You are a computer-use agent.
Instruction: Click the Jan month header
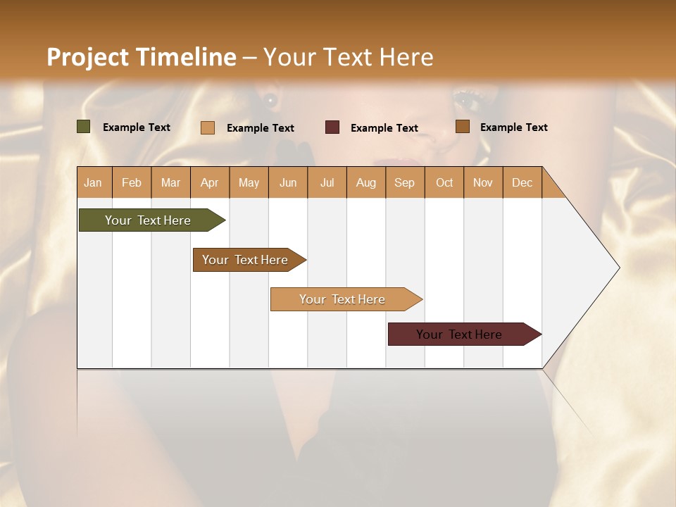93,182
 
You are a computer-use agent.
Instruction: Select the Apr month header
210,182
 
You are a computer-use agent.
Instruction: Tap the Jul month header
327,182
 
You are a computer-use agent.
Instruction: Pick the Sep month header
404,182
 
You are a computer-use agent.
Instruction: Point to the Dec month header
522,182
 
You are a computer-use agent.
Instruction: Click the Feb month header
132,182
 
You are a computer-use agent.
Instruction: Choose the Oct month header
444,182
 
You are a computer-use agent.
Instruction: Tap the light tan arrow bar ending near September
343,299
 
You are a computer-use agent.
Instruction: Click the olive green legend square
84,127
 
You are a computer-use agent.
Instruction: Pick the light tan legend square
208,127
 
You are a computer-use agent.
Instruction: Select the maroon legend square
332,127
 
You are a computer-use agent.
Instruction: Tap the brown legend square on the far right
463,127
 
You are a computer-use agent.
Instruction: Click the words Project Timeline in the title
142,57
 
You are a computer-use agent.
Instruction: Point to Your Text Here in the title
349,57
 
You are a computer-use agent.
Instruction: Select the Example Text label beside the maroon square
384,127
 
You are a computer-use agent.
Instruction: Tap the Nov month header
483,182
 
